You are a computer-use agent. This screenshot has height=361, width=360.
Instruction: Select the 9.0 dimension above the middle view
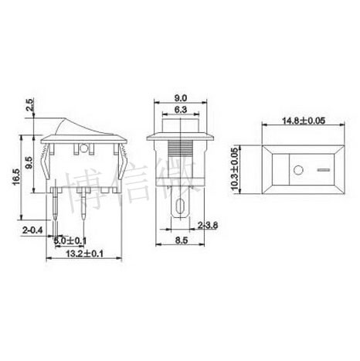point(178,98)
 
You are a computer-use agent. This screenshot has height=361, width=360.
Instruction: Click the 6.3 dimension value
point(178,111)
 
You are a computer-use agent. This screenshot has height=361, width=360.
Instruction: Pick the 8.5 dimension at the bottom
point(178,240)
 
